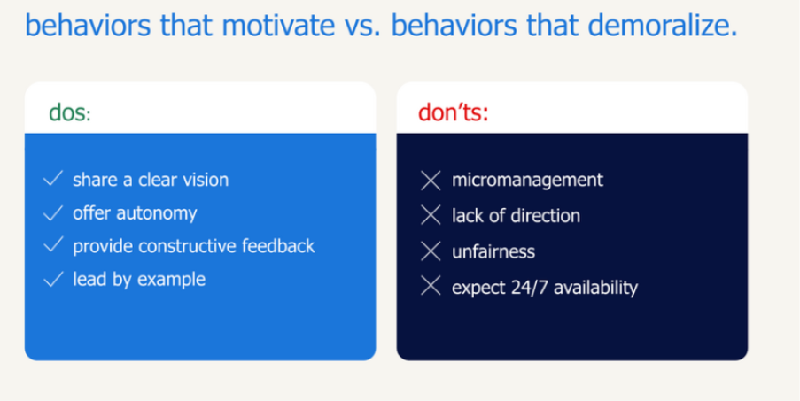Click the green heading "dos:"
coord(70,113)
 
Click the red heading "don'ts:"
coord(453,113)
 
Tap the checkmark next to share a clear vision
coord(53,180)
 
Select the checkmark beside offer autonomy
coord(53,213)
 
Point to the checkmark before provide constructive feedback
coord(53,246)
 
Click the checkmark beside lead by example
coord(53,280)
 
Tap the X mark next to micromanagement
coord(431,181)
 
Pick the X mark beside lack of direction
coord(431,216)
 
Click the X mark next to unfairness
coord(431,251)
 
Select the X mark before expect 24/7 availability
coord(431,287)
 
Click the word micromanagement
coord(527,181)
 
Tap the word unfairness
coord(493,251)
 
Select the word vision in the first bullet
coord(205,180)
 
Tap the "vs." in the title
coord(365,25)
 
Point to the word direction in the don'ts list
coord(547,216)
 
